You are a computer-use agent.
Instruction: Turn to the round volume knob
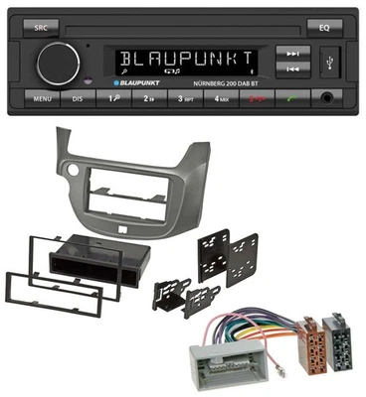pos(59,62)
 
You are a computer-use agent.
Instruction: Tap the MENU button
pos(42,99)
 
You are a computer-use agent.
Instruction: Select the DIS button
pos(78,99)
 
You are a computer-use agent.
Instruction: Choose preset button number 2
pos(149,99)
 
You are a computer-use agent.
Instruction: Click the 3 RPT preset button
pos(184,99)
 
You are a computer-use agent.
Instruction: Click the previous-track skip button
pos(290,68)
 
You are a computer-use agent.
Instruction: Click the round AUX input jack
pos(328,98)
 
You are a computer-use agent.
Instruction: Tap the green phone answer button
pos(291,99)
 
